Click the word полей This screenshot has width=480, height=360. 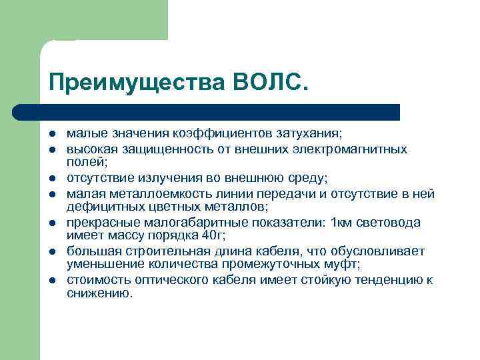click(85, 161)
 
